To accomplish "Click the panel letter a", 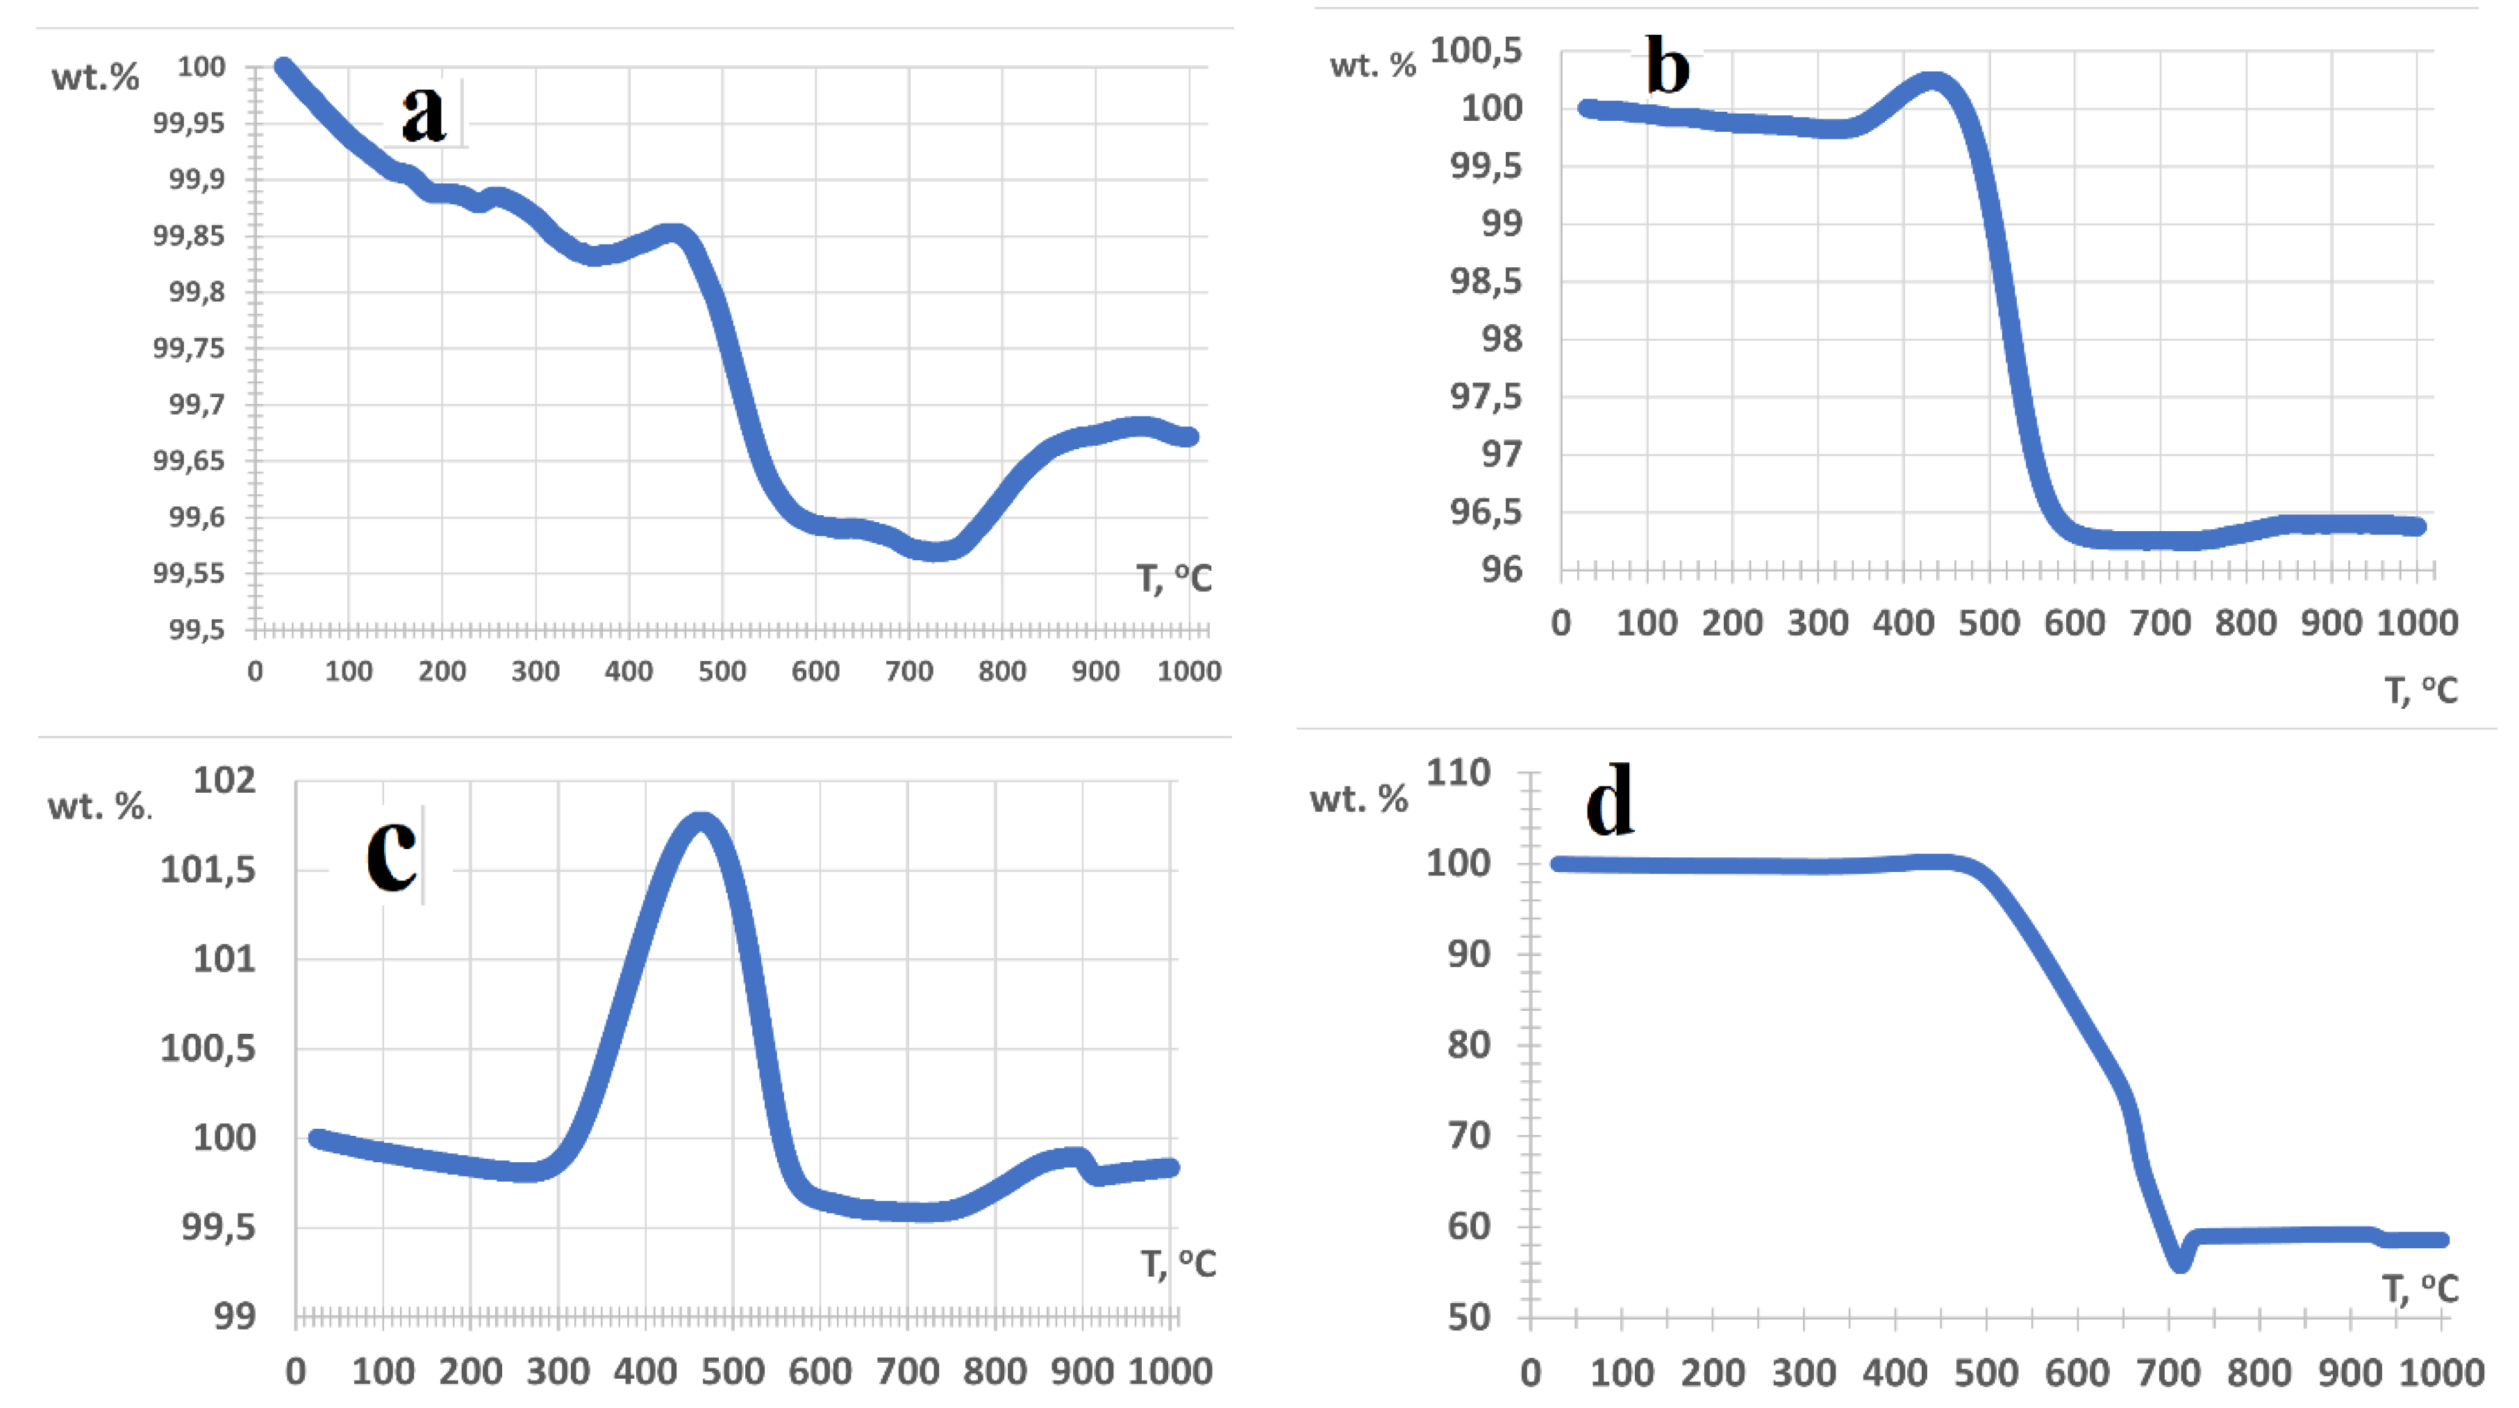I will tap(424, 113).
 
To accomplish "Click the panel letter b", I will tap(1668, 65).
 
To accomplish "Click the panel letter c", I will tap(391, 853).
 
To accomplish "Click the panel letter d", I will tap(1608, 800).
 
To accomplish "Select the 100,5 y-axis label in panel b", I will tap(1476, 50).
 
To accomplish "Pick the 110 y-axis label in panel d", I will tap(1458, 773).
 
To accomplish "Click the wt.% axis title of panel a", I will tap(95, 77).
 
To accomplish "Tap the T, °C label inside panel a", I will tap(1174, 579).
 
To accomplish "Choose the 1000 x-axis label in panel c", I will tap(1170, 1371).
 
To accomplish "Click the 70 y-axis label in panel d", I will tap(1469, 1135).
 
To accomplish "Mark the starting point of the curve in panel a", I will tap(283, 67).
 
